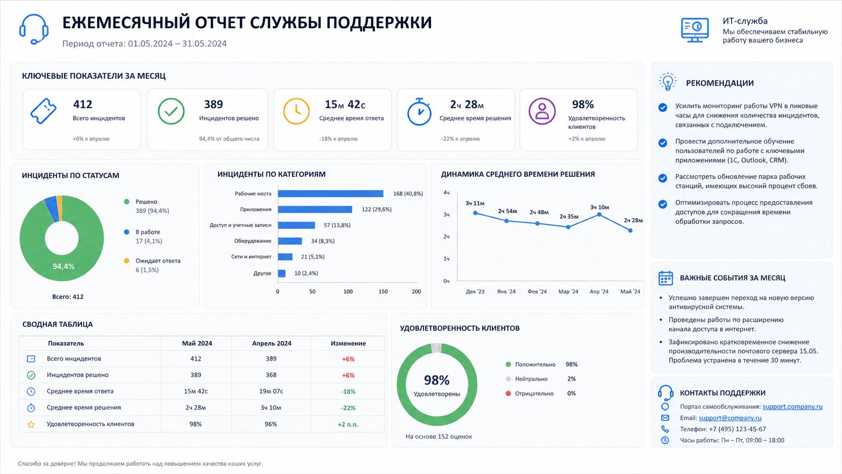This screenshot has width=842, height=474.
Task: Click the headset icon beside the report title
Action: pos(34,29)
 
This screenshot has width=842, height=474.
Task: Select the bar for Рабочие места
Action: pos(330,193)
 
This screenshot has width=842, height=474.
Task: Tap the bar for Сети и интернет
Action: pos(285,257)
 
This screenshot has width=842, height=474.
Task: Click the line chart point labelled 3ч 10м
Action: pos(599,215)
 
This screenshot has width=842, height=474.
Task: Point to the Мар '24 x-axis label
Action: pos(568,291)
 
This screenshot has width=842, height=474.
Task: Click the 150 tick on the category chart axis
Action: pos(383,291)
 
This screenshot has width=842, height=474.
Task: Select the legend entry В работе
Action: pos(148,232)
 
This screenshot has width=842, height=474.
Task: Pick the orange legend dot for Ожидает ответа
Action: pos(127,260)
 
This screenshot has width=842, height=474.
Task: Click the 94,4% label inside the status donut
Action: pos(63,266)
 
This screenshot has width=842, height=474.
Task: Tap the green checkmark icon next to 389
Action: pos(171,111)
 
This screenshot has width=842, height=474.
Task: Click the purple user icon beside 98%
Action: pos(542,111)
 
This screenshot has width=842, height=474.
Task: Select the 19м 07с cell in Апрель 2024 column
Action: pos(271,391)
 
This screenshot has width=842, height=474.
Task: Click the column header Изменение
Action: pos(348,343)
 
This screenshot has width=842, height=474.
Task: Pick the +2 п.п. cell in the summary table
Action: pos(347,424)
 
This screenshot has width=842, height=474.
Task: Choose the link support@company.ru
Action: pos(730,418)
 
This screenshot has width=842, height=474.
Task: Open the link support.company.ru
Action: pos(792,407)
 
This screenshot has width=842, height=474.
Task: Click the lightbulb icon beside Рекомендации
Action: pos(668,82)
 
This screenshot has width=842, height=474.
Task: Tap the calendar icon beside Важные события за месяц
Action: pos(666,278)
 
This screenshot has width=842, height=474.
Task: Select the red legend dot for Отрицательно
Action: pos(508,393)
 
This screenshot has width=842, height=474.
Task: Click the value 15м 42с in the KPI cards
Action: pos(344,104)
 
